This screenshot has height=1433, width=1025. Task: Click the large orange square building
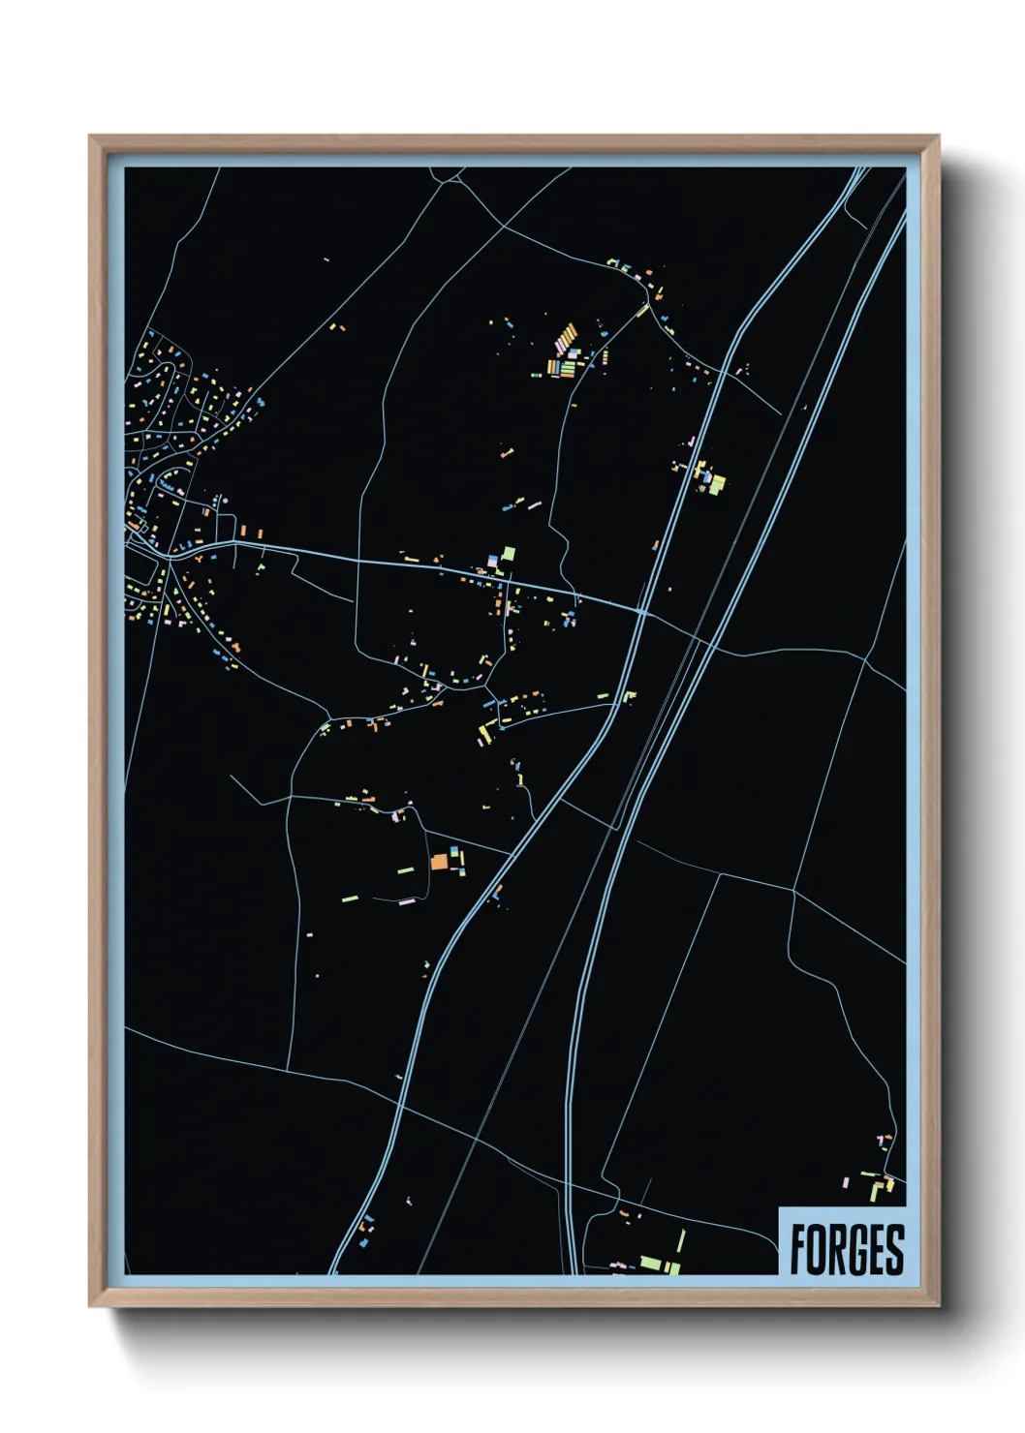439,861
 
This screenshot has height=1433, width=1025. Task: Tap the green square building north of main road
509,555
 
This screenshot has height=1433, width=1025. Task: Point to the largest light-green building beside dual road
717,483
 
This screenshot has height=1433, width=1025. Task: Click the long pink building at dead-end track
407,901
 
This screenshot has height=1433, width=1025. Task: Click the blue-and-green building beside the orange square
453,855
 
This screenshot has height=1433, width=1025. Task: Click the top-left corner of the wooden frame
90,136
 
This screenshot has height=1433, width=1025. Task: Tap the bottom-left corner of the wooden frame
90,1306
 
